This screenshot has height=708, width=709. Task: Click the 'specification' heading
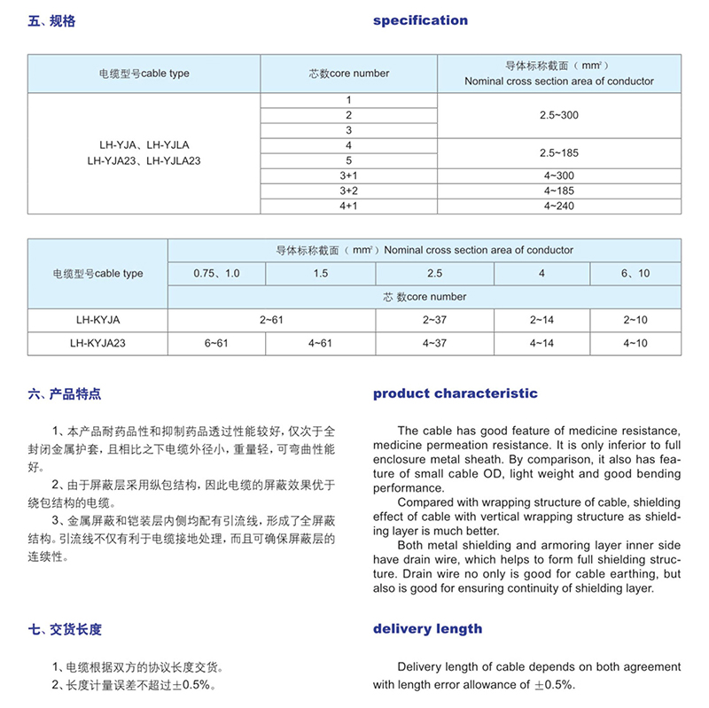420,20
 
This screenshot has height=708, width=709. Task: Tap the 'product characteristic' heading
455,393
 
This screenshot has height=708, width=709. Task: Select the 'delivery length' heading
427,629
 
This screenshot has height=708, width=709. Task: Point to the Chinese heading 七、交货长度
66,629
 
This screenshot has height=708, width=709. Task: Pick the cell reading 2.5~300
558,115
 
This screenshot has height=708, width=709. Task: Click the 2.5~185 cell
558,152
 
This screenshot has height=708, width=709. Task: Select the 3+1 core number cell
348,175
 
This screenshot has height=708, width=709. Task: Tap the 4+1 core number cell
348,206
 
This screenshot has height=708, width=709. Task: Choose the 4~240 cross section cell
558,206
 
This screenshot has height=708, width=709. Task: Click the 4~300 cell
558,175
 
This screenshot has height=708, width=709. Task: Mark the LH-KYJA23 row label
97,342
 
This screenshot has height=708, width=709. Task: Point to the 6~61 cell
216,342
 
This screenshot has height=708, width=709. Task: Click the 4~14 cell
541,342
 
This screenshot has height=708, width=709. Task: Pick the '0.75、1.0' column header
216,273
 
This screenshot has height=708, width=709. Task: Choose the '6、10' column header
635,273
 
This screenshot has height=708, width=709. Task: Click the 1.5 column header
320,273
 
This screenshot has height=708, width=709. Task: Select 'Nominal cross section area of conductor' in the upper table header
558,81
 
